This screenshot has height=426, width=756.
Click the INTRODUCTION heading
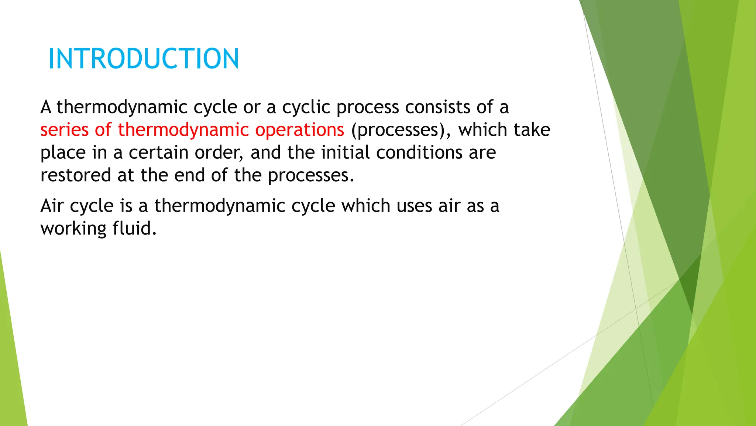tap(144, 59)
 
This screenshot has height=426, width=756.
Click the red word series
tap(64, 130)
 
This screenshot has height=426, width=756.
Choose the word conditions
tap(419, 153)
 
